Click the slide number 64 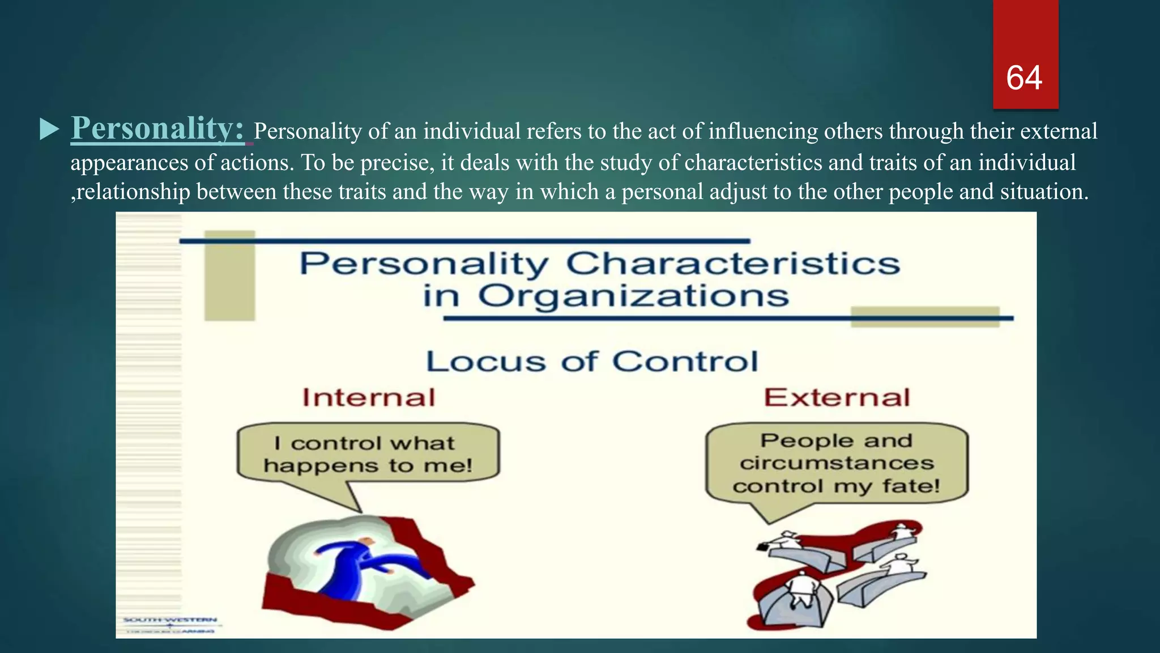pos(1024,78)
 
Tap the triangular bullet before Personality pos(49,130)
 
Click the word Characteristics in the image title pos(732,264)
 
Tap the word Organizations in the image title pos(633,296)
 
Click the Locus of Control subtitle pos(592,362)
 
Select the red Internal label pos(369,397)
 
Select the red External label pos(837,397)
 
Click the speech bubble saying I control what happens pos(368,453)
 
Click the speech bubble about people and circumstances pos(837,463)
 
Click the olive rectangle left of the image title pos(229,276)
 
